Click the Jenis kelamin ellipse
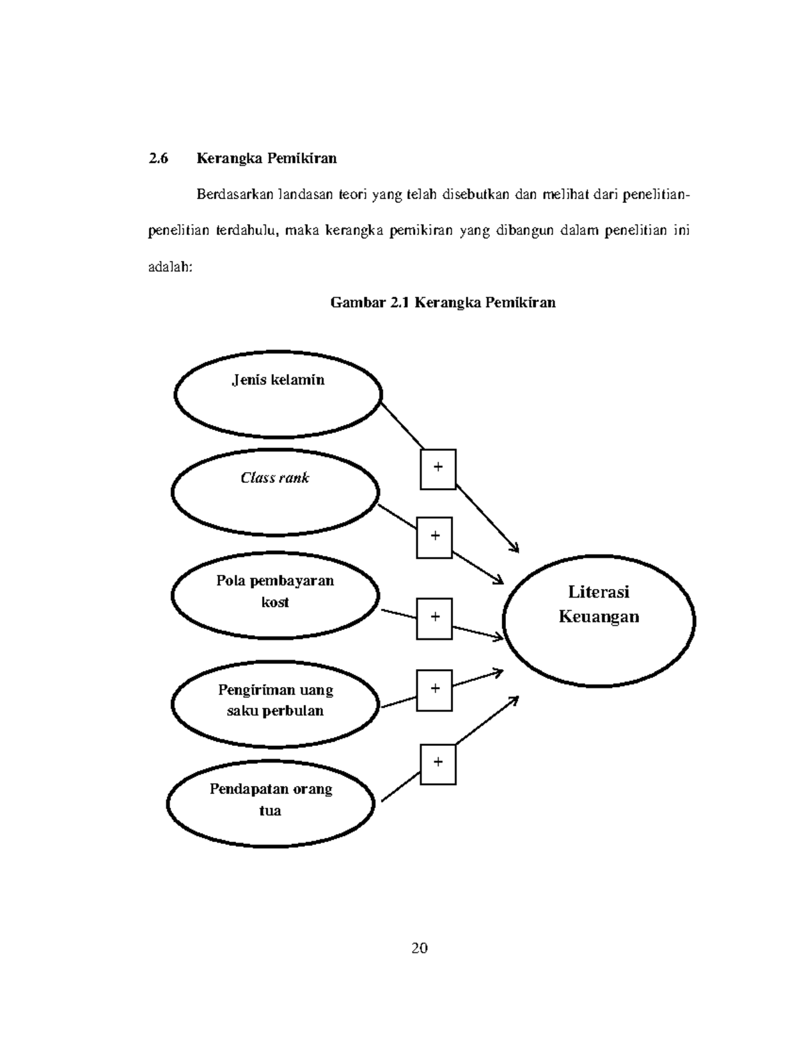(278, 394)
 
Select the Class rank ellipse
(275, 492)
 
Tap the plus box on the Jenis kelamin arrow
(438, 469)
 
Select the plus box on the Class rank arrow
(434, 537)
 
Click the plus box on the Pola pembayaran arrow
(434, 618)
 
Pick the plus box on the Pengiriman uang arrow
(434, 690)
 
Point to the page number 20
(420, 948)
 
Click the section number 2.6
(158, 158)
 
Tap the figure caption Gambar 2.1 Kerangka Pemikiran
(443, 302)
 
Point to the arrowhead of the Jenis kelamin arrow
(515, 549)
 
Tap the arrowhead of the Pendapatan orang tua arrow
(515, 699)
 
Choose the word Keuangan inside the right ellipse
(599, 616)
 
